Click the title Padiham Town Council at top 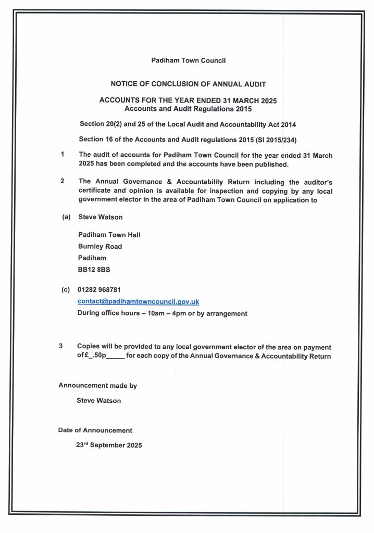point(188,61)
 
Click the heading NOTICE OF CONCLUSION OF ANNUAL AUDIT point(188,83)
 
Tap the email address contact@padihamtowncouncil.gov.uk point(138,302)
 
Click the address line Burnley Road point(99,246)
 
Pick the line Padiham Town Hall point(109,235)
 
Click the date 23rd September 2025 point(109,446)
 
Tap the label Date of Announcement point(95,430)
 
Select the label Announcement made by point(97,386)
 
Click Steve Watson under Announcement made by point(98,401)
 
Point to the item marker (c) point(66,289)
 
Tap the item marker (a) point(66,216)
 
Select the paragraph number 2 point(62,181)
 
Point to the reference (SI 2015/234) point(285,139)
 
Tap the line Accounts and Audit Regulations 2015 point(188,109)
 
